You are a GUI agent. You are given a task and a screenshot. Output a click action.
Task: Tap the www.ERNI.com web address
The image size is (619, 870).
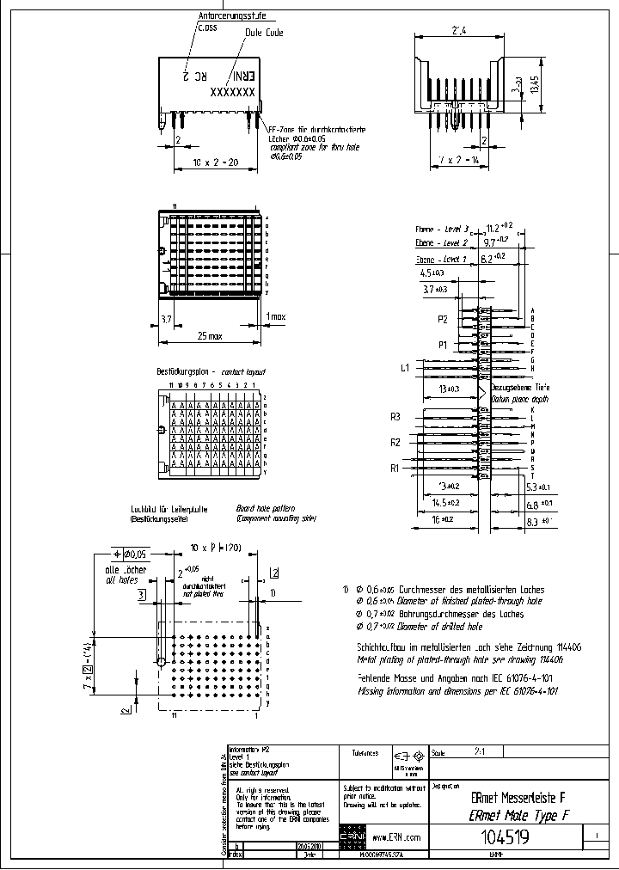point(397,836)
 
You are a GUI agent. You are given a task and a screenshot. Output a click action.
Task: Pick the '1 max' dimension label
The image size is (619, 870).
point(276,316)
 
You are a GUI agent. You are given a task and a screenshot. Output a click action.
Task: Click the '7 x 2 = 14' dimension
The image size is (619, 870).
point(457,161)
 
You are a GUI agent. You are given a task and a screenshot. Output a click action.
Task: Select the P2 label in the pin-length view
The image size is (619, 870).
point(444,319)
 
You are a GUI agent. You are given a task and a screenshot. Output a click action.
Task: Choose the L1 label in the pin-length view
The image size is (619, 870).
point(405,368)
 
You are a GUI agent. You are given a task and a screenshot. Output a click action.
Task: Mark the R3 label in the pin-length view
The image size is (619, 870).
point(395,416)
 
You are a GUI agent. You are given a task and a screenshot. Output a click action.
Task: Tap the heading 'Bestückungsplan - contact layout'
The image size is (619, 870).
point(211,371)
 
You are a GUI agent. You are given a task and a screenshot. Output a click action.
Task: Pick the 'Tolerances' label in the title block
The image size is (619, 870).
point(365,752)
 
